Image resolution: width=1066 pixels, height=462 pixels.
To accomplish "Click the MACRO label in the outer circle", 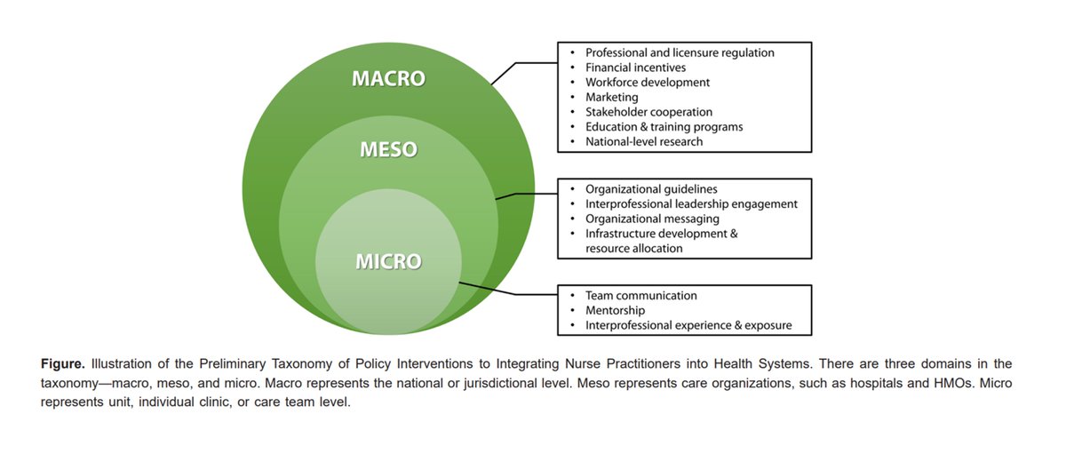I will pyautogui.click(x=388, y=78).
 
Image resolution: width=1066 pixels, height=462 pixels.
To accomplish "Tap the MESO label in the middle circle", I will pyautogui.click(x=388, y=148).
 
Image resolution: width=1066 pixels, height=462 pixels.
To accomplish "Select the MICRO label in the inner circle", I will pyautogui.click(x=388, y=261).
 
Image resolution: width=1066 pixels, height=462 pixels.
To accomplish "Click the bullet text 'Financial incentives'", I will pyautogui.click(x=634, y=68).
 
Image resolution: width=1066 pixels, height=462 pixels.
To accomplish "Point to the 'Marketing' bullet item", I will pyautogui.click(x=611, y=97).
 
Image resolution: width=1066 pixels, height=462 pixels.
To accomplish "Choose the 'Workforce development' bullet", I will pyautogui.click(x=647, y=83).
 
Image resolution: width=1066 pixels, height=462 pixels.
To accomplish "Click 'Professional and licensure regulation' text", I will pyautogui.click(x=679, y=52).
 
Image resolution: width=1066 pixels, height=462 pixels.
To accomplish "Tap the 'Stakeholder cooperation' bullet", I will pyautogui.click(x=648, y=112).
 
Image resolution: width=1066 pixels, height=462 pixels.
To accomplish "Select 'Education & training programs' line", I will pyautogui.click(x=664, y=127).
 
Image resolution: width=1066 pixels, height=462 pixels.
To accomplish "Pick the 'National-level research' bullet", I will pyautogui.click(x=643, y=141).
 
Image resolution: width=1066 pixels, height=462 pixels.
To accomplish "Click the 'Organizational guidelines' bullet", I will pyautogui.click(x=651, y=189).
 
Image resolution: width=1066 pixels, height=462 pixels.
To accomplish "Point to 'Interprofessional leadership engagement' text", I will pyautogui.click(x=691, y=203).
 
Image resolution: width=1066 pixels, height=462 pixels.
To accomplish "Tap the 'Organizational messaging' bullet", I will pyautogui.click(x=652, y=219).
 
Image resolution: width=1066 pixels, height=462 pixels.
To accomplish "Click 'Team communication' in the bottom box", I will pyautogui.click(x=640, y=296).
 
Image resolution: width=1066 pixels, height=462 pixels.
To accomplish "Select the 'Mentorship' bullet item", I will pyautogui.click(x=615, y=311).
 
